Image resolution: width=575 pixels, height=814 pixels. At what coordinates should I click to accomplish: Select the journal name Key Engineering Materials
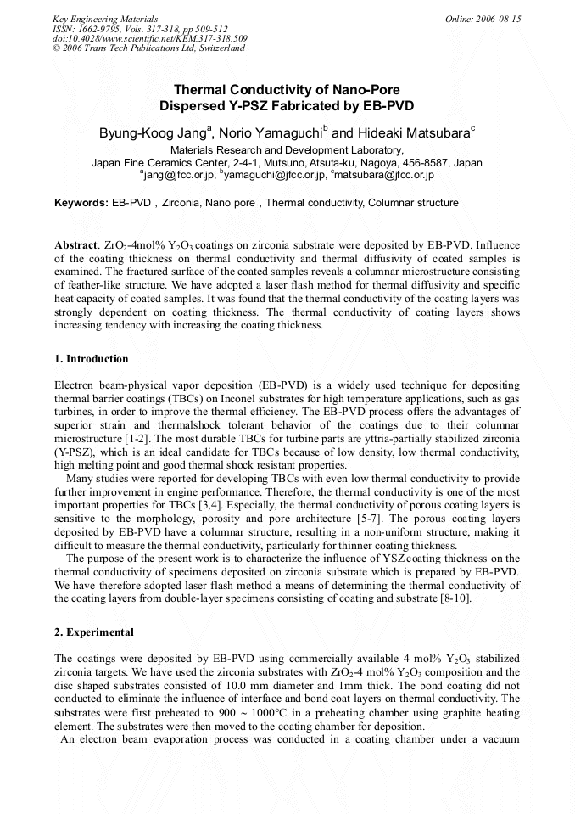pyautogui.click(x=105, y=19)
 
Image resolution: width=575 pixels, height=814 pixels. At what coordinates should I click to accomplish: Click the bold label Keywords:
pyautogui.click(x=81, y=203)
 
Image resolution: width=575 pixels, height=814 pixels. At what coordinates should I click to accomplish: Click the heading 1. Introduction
pyautogui.click(x=92, y=359)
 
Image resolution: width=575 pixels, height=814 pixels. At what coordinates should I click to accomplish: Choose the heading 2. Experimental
pyautogui.click(x=94, y=632)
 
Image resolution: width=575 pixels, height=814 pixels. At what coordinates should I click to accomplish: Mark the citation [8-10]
pyautogui.click(x=449, y=598)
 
